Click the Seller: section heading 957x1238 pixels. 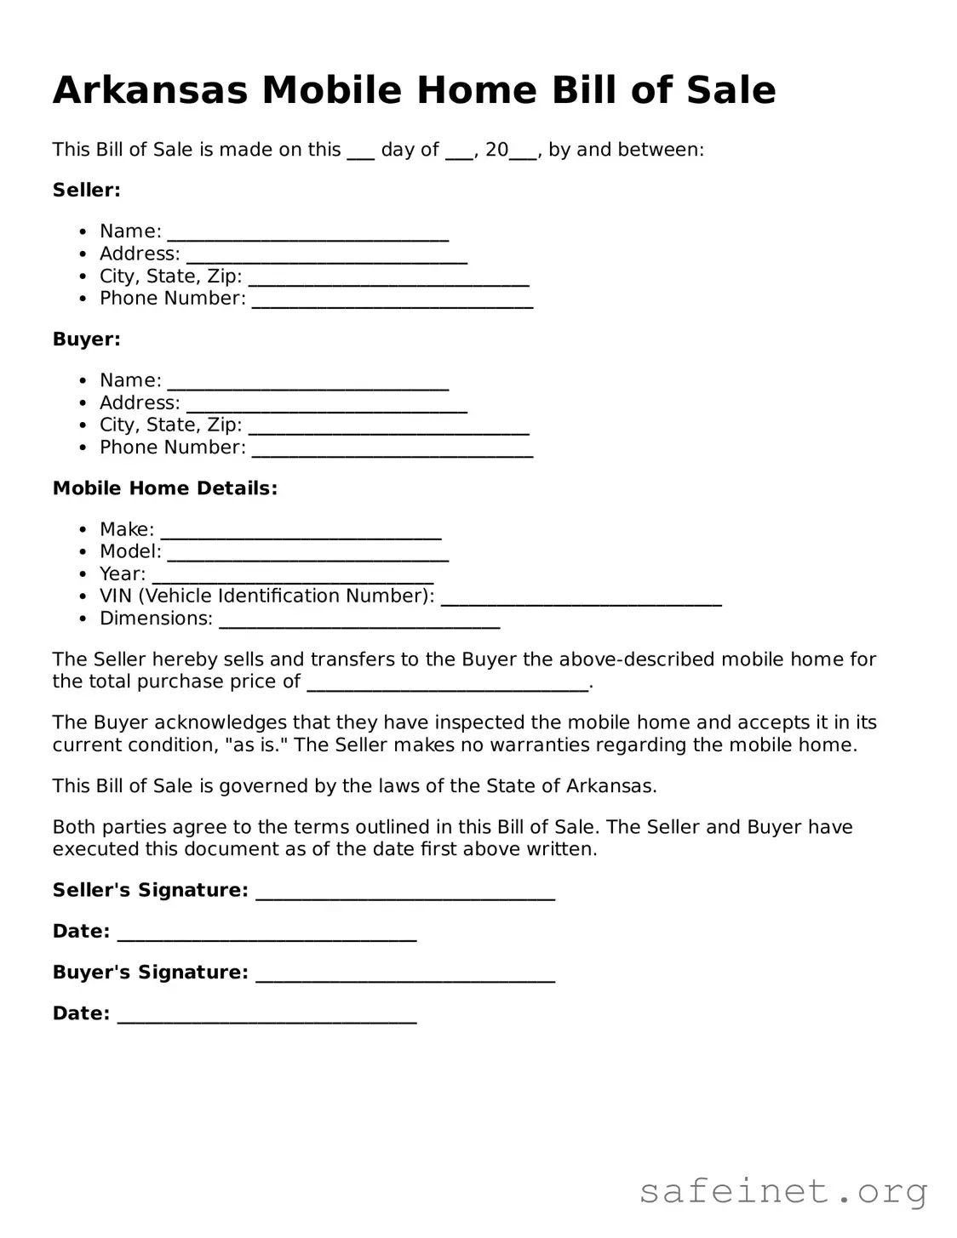[87, 190]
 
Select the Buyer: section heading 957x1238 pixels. [87, 339]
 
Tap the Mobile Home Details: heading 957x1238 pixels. [165, 488]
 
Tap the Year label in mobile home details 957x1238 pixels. [122, 574]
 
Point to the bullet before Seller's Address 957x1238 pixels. [82, 254]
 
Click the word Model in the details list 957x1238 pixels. [129, 551]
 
